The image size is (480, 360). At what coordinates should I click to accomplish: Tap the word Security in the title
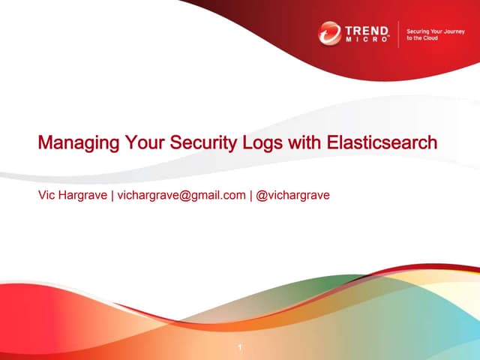195,142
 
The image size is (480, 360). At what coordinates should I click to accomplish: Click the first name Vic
46,196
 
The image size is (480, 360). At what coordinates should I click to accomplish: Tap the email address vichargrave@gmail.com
181,196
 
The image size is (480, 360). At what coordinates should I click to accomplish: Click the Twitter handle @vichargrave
293,196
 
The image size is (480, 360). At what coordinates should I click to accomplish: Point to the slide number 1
239,347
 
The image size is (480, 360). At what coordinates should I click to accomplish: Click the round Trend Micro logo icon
329,33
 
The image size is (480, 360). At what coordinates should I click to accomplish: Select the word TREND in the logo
367,29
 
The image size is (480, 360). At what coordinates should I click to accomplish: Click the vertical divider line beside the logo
398,34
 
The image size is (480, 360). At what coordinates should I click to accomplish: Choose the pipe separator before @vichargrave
251,196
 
